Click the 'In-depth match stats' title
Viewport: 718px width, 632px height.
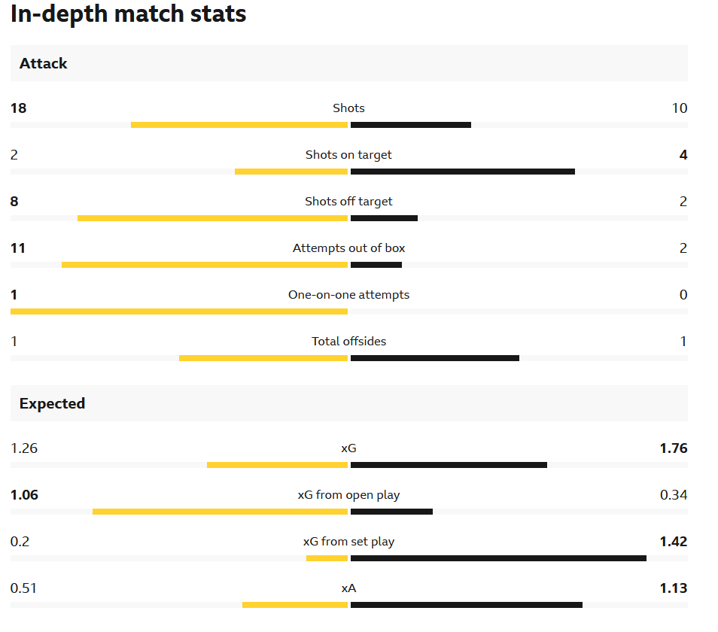128,14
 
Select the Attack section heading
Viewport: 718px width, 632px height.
44,64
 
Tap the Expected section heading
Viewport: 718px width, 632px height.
52,404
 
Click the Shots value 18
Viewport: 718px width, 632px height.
18,108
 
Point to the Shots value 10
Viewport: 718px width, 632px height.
679,108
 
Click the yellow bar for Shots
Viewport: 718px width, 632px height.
239,125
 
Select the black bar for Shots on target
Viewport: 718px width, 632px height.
462,172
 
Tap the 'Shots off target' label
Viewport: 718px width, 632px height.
348,202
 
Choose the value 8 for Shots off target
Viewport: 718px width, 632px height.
14,202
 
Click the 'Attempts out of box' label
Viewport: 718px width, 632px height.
348,248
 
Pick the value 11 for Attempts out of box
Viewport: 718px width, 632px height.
18,248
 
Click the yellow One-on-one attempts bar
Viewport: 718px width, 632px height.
179,311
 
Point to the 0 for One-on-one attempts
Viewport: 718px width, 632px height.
683,295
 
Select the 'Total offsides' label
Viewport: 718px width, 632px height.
348,342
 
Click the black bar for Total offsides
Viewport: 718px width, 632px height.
434,358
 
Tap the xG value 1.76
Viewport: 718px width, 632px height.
673,448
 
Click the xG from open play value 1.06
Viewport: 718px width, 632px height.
24,495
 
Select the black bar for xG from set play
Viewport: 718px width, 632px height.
498,558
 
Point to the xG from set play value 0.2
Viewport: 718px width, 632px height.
20,542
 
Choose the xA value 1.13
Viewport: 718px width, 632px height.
673,588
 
